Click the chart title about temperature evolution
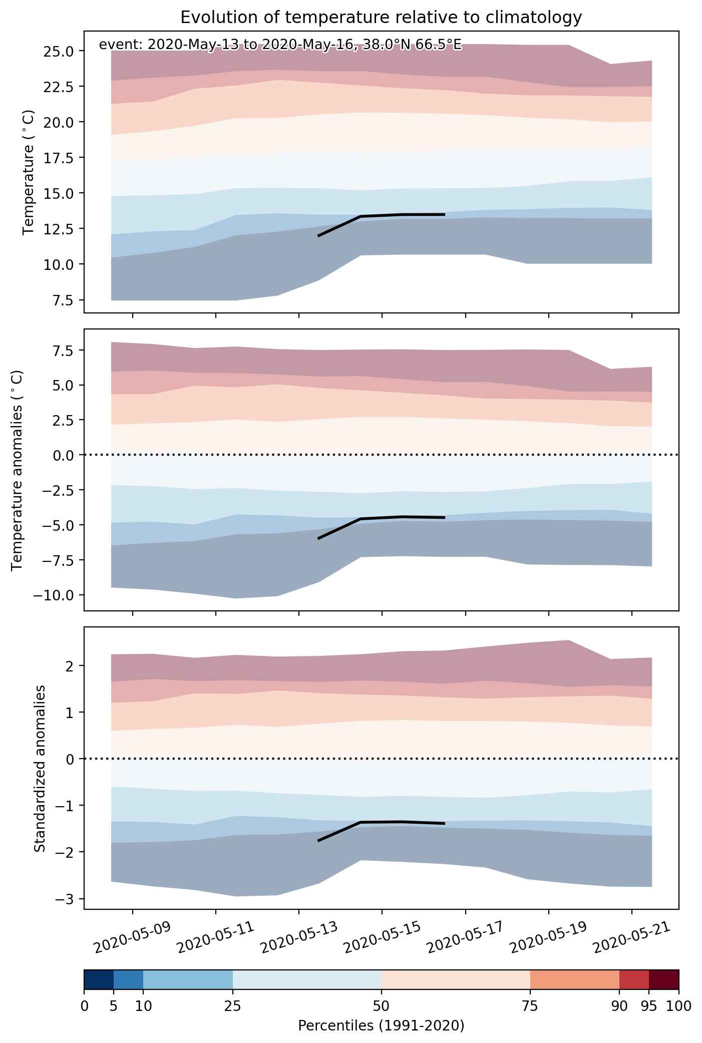point(381,18)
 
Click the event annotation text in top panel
point(280,45)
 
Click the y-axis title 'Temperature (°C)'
point(29,172)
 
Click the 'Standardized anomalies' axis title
point(40,768)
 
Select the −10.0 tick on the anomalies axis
point(54,595)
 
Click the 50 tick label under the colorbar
point(382,1006)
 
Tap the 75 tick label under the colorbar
point(530,1006)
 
